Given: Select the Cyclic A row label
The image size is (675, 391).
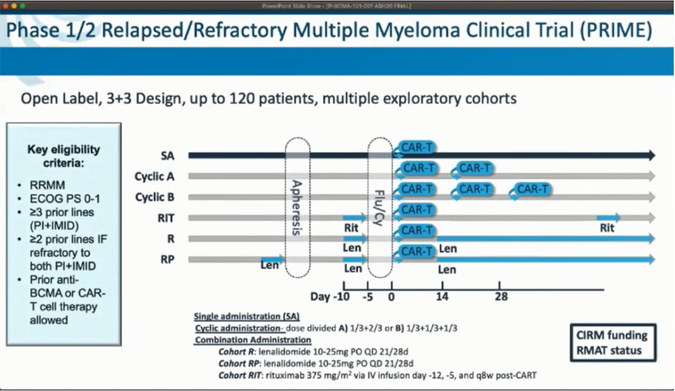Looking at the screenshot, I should (154, 177).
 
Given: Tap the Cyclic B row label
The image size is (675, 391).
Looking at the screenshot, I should (154, 197).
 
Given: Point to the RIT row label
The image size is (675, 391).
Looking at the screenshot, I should (166, 218).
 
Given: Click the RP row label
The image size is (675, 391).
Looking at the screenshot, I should (167, 259).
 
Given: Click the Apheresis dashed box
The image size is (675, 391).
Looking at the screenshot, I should (297, 207).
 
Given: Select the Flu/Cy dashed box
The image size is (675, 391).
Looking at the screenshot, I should (380, 207).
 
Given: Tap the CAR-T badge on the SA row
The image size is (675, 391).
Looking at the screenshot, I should (416, 148).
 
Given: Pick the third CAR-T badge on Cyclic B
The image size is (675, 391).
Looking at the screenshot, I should (532, 189).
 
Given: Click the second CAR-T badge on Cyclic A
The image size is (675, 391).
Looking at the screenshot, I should (474, 168).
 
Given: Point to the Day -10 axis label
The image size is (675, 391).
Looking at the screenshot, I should (329, 296).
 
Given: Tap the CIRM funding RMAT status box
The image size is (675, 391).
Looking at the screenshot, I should (613, 342).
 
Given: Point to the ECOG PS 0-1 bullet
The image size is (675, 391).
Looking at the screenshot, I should (65, 199).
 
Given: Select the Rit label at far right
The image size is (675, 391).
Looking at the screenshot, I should (607, 229).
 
